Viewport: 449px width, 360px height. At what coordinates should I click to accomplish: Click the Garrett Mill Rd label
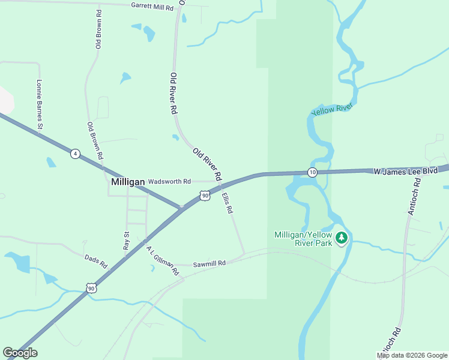(x=152, y=7)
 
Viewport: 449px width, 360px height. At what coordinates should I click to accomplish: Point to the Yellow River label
(x=331, y=109)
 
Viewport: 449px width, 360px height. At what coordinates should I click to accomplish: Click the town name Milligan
(x=128, y=181)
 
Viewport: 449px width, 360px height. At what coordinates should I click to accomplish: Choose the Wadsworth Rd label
(x=169, y=181)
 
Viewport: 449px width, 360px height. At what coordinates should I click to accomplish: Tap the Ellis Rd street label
(x=226, y=203)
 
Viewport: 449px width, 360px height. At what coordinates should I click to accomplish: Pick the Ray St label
(x=127, y=241)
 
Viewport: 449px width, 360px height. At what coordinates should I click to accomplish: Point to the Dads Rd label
(x=95, y=261)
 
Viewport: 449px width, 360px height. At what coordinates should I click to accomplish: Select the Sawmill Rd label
(x=209, y=263)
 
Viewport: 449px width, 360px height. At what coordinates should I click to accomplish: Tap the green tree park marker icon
(x=342, y=238)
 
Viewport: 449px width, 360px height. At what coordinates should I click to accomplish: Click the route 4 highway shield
(x=74, y=154)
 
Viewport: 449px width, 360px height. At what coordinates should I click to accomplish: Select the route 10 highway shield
(x=312, y=173)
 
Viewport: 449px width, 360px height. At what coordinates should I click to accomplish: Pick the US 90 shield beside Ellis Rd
(x=205, y=196)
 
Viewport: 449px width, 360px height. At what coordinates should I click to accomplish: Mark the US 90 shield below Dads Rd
(x=91, y=288)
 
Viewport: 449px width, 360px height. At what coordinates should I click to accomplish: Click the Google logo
(x=20, y=353)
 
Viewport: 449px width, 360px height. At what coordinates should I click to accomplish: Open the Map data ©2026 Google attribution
(x=412, y=355)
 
